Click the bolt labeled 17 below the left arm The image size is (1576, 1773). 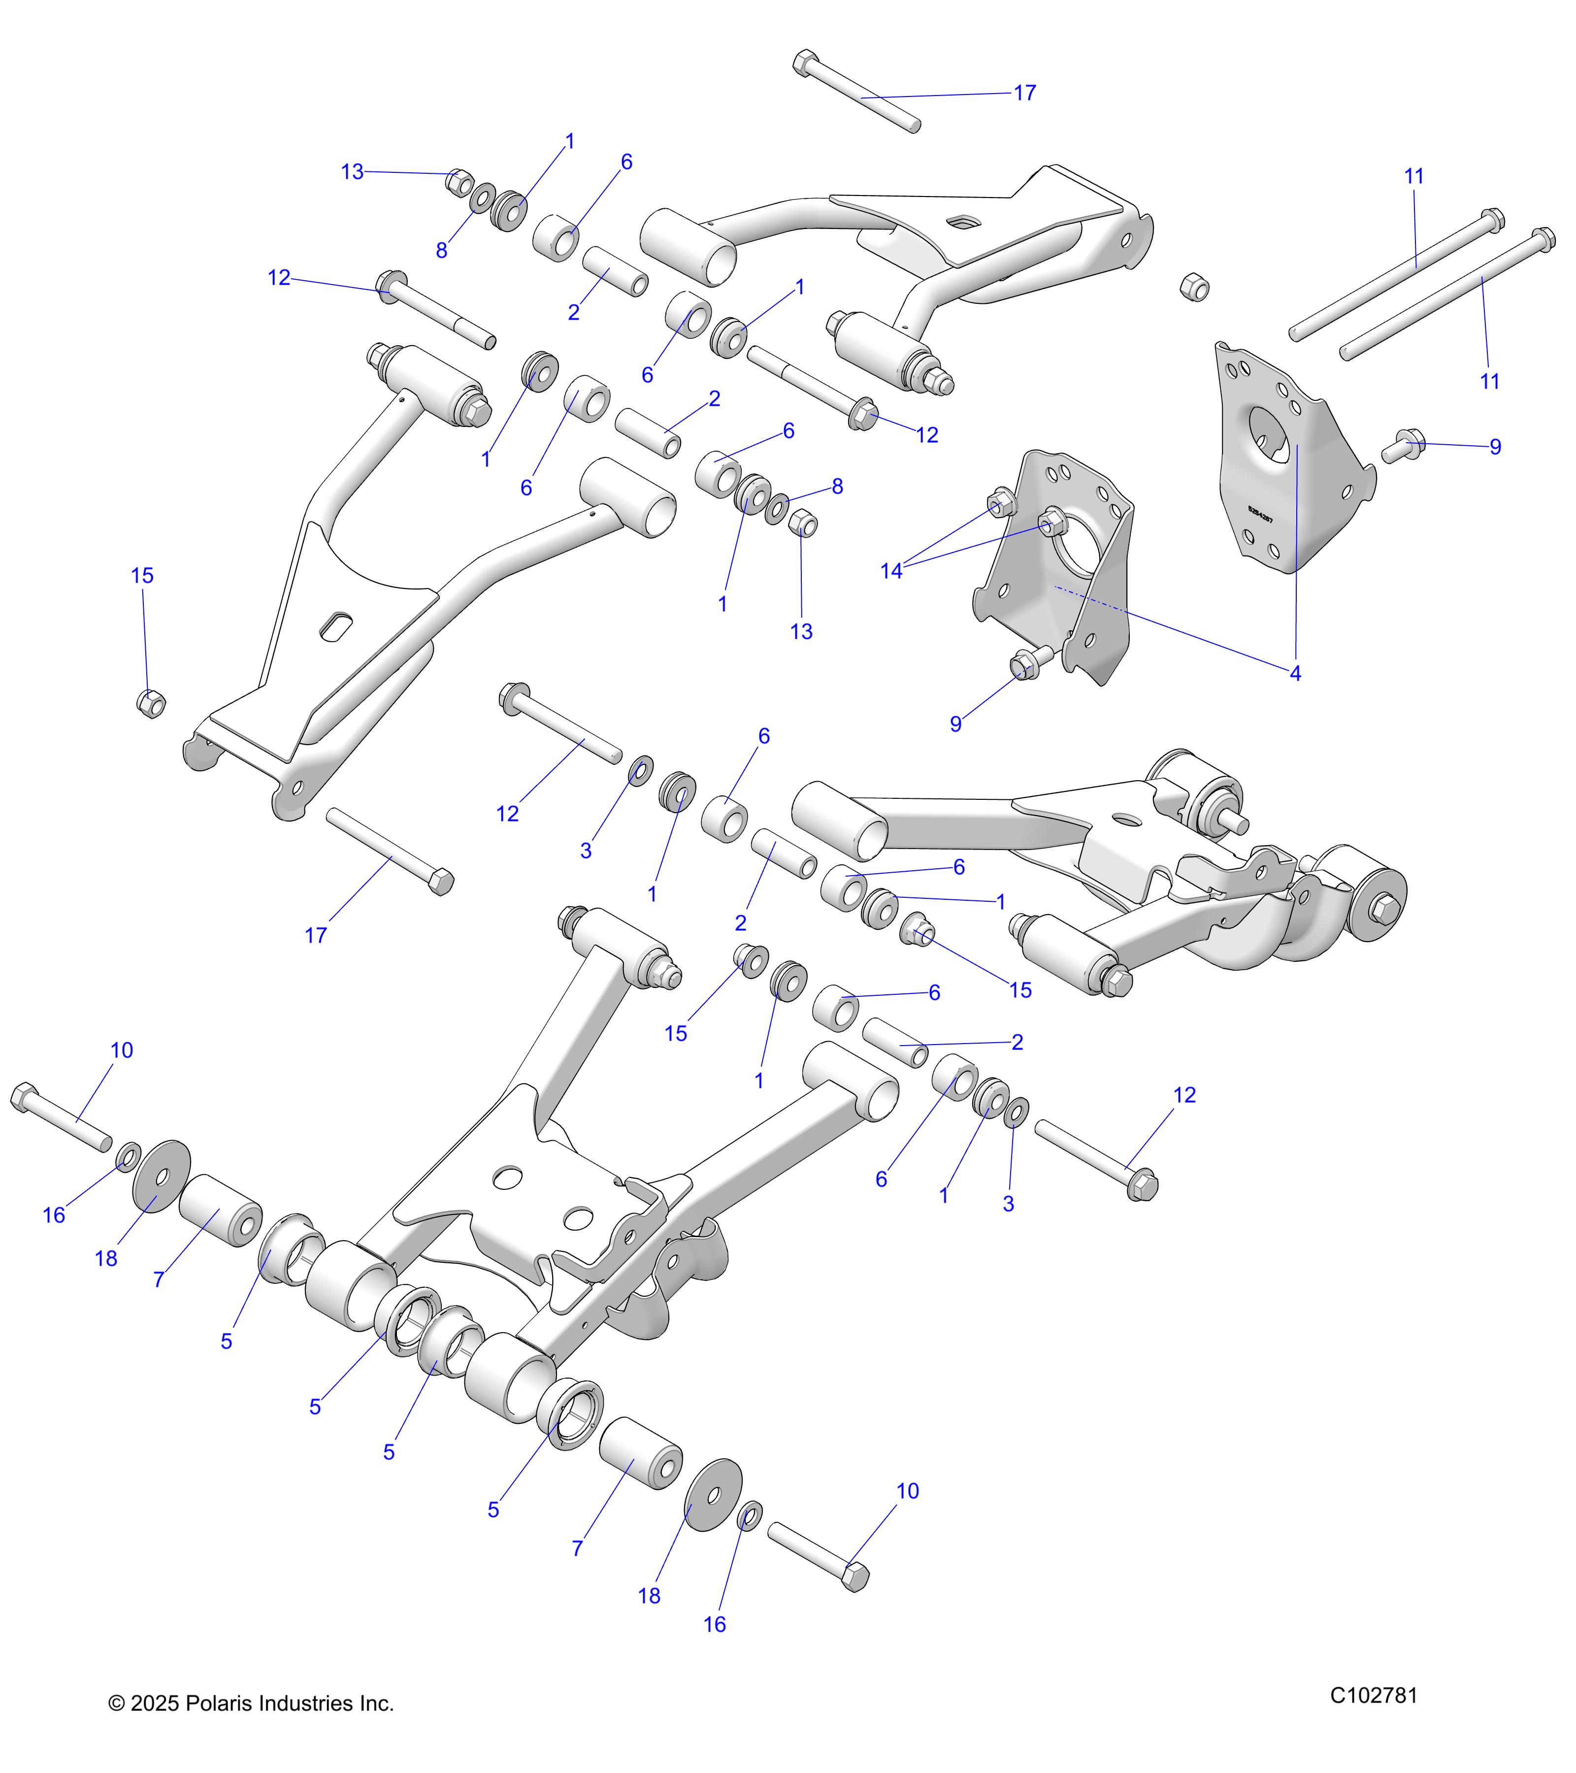(391, 852)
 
